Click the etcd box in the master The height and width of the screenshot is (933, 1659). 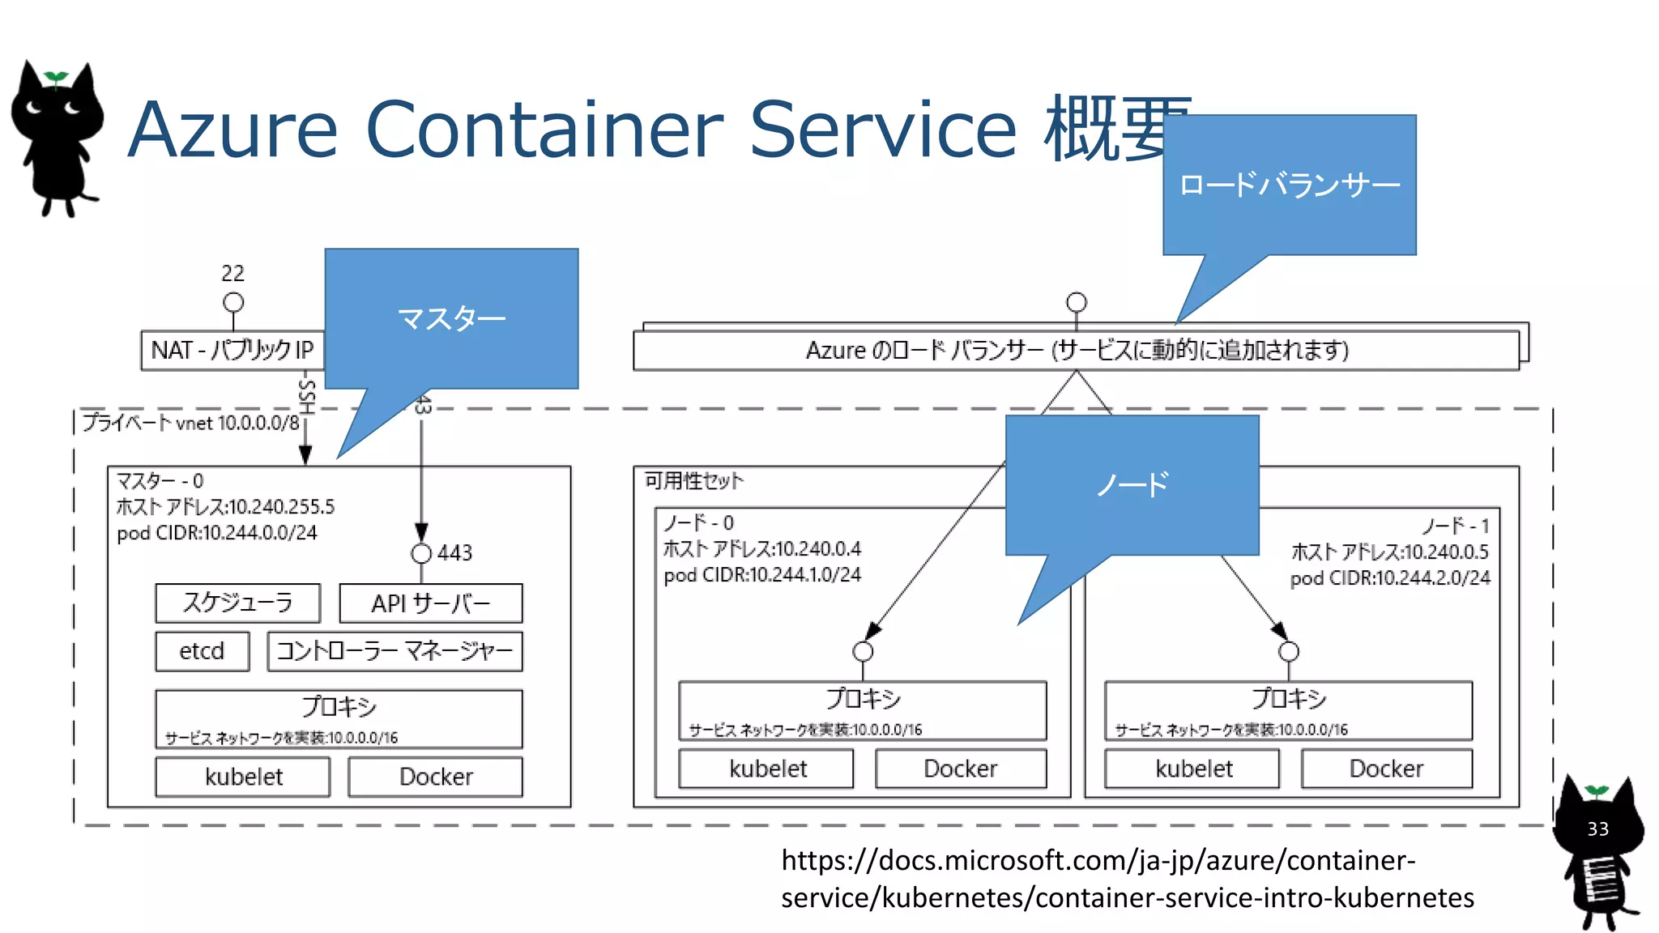point(203,651)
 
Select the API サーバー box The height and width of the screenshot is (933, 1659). point(430,603)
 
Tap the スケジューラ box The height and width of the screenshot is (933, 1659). point(237,603)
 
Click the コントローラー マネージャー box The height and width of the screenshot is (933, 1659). point(394,651)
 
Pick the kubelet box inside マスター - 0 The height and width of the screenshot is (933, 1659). point(243,777)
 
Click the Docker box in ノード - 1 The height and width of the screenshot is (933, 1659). point(1386,769)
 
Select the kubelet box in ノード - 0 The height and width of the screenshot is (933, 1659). point(767,769)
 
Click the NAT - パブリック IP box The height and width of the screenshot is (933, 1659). point(232,351)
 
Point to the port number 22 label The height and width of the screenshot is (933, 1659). point(232,274)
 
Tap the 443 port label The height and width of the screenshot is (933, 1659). point(454,553)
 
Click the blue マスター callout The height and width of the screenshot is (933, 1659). point(451,318)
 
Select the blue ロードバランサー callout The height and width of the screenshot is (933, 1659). point(1289,185)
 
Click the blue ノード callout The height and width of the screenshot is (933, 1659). point(1132,484)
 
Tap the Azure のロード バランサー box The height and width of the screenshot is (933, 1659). point(1076,351)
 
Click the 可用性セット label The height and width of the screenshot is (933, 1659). point(693,481)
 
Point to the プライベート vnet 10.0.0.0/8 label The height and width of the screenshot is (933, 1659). point(190,423)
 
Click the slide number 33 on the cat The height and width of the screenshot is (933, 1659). point(1597,829)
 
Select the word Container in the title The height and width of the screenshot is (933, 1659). point(544,130)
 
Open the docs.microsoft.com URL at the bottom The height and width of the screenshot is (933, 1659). point(1126,879)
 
